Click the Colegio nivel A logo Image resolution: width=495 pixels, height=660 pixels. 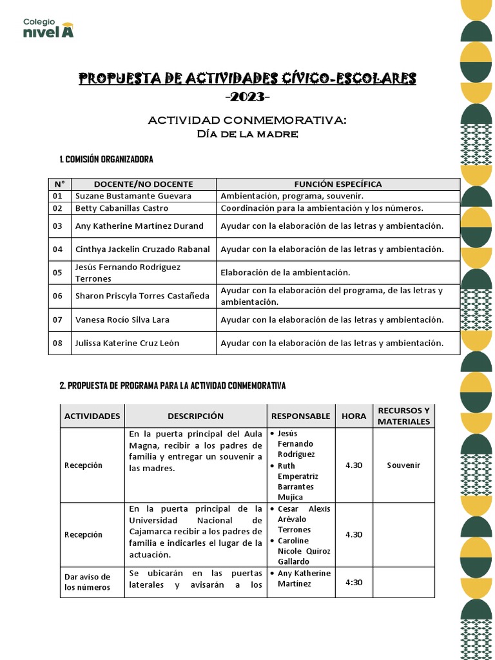click(48, 28)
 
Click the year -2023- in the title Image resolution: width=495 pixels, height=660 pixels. click(247, 97)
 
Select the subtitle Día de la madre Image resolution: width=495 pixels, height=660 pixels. click(247, 134)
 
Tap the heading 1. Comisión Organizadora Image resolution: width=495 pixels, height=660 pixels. click(106, 159)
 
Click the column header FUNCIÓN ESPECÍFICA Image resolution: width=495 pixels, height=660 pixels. click(338, 184)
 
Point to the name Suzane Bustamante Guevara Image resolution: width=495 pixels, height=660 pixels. click(133, 196)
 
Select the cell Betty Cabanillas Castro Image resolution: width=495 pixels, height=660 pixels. click(122, 208)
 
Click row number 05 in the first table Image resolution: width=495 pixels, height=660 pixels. click(58, 273)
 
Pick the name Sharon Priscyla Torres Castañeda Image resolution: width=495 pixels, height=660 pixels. click(142, 296)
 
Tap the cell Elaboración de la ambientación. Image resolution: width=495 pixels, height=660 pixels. click(285, 273)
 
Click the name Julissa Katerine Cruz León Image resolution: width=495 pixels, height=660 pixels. click(127, 343)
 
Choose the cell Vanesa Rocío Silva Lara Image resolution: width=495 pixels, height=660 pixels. click(122, 320)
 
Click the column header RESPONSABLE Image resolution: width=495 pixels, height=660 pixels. click(300, 416)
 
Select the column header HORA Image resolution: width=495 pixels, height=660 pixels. click(354, 416)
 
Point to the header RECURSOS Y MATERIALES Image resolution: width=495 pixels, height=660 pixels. click(403, 416)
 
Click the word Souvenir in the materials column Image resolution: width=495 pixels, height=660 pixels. click(403, 465)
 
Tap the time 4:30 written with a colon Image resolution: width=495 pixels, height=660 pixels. click(354, 583)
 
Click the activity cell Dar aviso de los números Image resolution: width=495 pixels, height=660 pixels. click(88, 582)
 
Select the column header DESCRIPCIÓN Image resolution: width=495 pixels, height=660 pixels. click(195, 416)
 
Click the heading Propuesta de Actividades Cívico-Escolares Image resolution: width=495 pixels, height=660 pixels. click(247, 79)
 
